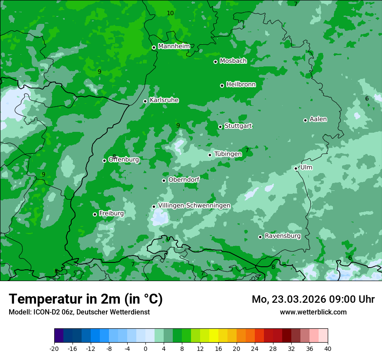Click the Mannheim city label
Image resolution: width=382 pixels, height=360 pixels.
coord(174,46)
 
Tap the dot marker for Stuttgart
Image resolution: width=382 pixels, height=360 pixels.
coord(221,127)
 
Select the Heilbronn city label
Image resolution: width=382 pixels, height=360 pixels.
coord(241,85)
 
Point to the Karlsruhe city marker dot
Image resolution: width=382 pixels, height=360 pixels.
coord(145,101)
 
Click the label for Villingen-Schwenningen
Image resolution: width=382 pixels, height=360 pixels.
coord(194,206)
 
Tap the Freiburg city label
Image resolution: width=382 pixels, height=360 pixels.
coord(111,213)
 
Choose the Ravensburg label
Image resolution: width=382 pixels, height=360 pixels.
coord(282,236)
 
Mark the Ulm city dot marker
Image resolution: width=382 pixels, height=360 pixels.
coord(296,168)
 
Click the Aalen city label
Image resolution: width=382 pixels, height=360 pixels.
coord(318,119)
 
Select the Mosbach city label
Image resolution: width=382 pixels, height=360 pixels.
coord(233,61)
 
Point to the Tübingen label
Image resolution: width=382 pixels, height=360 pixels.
coord(228,154)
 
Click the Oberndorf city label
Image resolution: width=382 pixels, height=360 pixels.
coord(184,180)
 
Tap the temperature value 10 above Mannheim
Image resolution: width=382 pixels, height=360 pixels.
coord(170,13)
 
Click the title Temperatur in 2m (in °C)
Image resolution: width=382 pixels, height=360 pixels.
coord(86,299)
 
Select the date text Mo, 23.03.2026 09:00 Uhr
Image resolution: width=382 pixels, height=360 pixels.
coord(313,299)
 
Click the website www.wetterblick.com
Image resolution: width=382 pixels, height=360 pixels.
coord(313,312)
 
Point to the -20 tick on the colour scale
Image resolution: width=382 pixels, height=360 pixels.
coord(54,348)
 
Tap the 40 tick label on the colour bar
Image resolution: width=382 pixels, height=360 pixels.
coord(327,348)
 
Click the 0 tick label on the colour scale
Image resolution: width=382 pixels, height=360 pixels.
coord(145,348)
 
